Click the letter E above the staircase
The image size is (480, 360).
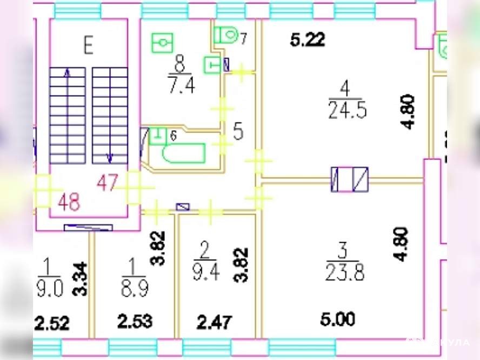[88, 45]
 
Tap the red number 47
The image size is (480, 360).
[107, 183]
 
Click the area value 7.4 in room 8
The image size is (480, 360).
[179, 85]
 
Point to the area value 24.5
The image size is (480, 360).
[347, 110]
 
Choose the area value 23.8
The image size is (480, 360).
[344, 274]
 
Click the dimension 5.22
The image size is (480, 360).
[308, 40]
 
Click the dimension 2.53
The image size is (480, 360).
[135, 323]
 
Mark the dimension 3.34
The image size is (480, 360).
[80, 278]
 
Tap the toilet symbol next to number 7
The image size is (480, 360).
[225, 35]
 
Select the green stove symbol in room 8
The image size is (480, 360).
[162, 42]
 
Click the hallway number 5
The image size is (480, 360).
[238, 131]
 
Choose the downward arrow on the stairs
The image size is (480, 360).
[110, 157]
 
